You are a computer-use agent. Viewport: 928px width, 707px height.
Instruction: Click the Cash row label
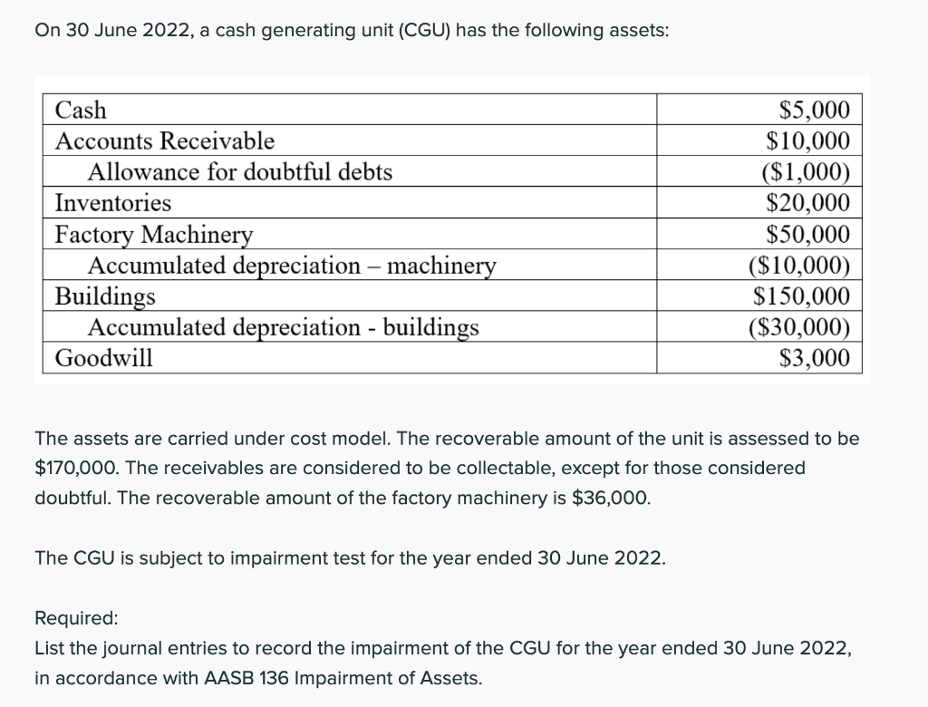[x=81, y=111]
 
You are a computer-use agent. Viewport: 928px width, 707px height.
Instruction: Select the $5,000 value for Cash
[x=815, y=111]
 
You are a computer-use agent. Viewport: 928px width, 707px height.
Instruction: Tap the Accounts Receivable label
[x=165, y=141]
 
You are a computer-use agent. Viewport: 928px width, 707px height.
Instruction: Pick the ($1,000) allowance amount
[x=806, y=172]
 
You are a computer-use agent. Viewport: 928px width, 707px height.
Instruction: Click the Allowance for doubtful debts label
[x=240, y=172]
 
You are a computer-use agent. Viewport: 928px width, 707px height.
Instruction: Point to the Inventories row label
[x=113, y=203]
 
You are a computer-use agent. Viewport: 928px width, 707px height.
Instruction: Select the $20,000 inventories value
[x=808, y=203]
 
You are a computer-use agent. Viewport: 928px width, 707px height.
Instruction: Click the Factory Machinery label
[x=154, y=235]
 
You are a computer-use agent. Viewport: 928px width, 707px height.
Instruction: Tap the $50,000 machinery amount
[x=808, y=235]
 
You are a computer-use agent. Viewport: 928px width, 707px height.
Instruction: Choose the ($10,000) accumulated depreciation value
[x=799, y=266]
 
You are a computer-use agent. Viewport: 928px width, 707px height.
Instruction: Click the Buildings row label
[x=105, y=296]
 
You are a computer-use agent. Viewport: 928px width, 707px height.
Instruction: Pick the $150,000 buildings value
[x=802, y=296]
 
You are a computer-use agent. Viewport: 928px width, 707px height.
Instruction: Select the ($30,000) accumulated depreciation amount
[x=799, y=327]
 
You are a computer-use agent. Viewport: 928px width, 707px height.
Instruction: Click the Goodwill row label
[x=104, y=358]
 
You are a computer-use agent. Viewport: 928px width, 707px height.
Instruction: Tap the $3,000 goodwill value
[x=815, y=358]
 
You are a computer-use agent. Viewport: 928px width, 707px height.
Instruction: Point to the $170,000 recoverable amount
[x=72, y=469]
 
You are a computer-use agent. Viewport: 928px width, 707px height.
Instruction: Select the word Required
[x=76, y=618]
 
